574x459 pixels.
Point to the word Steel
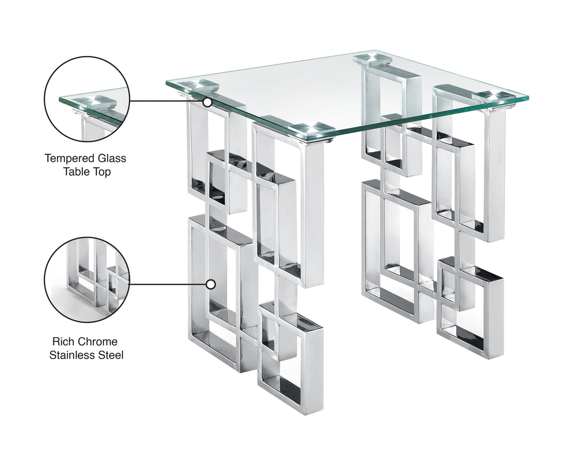pyautogui.click(x=111, y=355)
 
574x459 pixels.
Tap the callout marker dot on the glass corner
pyautogui.click(x=207, y=102)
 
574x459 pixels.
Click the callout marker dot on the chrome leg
pyautogui.click(x=211, y=284)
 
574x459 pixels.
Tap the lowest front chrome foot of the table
pyautogui.click(x=291, y=403)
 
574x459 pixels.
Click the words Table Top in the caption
pyautogui.click(x=85, y=172)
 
